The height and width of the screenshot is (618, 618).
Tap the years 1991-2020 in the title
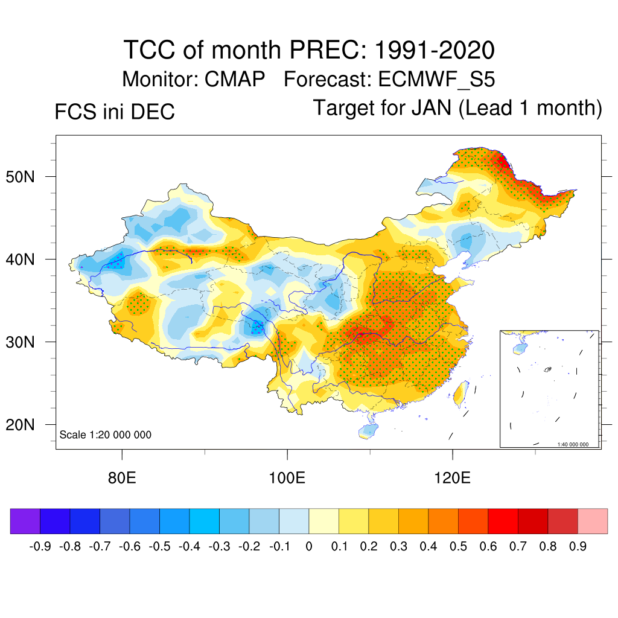pyautogui.click(x=435, y=49)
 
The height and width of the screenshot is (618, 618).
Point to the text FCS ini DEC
pyautogui.click(x=115, y=112)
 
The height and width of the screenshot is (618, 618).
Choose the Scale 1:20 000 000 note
pyautogui.click(x=106, y=435)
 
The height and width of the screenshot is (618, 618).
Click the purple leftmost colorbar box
pyautogui.click(x=25, y=521)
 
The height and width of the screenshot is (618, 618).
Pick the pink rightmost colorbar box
pyautogui.click(x=593, y=521)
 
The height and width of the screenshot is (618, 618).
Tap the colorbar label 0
pyautogui.click(x=309, y=547)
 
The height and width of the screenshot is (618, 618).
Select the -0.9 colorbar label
pyautogui.click(x=40, y=547)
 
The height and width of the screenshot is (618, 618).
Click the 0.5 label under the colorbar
pyautogui.click(x=458, y=547)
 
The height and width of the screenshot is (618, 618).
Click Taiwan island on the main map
pyautogui.click(x=459, y=393)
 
